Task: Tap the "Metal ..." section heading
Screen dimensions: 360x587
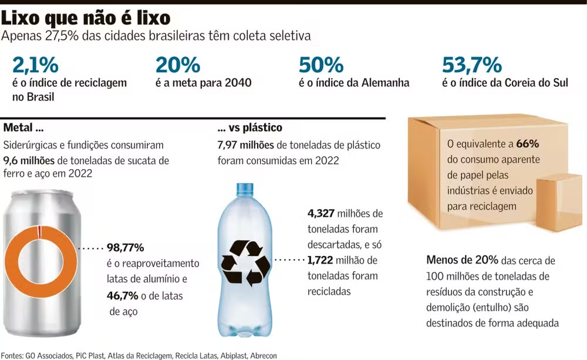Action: coord(23,127)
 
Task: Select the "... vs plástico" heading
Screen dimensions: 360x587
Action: coord(249,127)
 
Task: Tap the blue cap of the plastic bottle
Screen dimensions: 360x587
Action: coord(245,190)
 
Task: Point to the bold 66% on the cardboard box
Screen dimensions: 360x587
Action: coord(528,143)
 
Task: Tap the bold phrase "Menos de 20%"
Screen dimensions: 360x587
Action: coord(463,260)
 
